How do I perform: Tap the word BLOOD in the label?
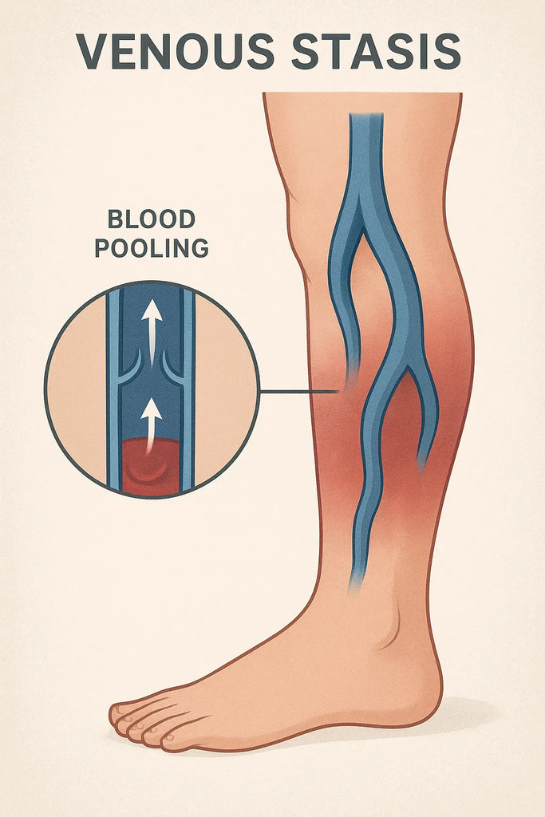pyautogui.click(x=152, y=219)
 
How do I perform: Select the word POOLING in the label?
pyautogui.click(x=152, y=248)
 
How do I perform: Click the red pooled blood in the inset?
pyautogui.click(x=151, y=465)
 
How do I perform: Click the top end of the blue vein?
pyautogui.click(x=366, y=116)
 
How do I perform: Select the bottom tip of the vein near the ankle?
pyautogui.click(x=355, y=589)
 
